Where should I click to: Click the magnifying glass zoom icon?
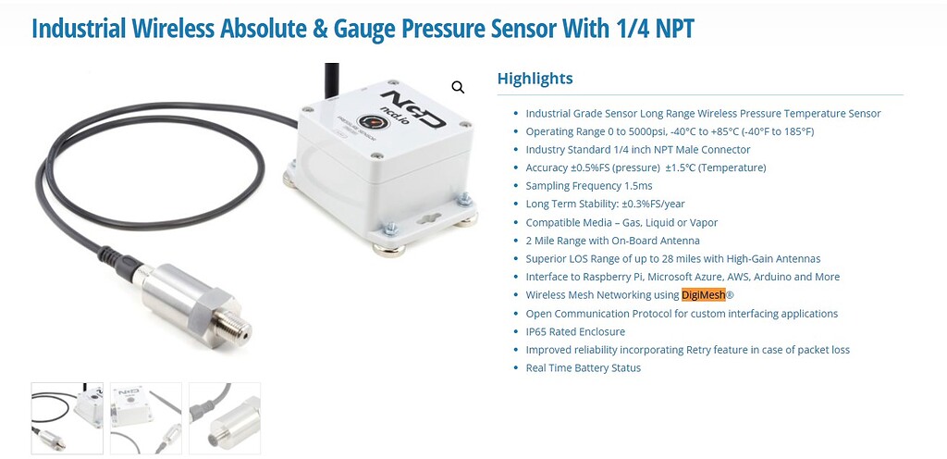click(459, 88)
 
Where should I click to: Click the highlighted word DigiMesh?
click(703, 294)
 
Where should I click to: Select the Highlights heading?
click(535, 79)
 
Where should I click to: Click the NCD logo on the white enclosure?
click(413, 107)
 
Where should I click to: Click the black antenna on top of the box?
click(332, 81)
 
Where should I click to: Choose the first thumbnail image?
click(67, 418)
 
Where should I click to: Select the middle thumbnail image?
click(146, 418)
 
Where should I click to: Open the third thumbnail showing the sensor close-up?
click(225, 418)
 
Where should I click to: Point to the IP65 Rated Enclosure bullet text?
click(575, 331)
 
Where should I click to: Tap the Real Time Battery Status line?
click(584, 367)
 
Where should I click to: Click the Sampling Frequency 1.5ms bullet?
click(589, 186)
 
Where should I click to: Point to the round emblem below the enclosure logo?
click(369, 122)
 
